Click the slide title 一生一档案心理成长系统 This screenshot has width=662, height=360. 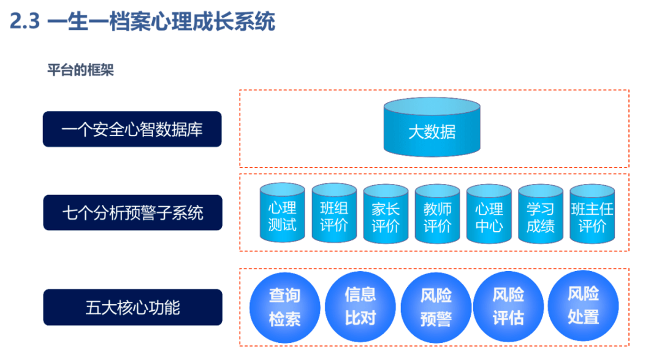(161, 21)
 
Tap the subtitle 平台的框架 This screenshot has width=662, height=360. (81, 70)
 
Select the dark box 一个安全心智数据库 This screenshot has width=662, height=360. (132, 129)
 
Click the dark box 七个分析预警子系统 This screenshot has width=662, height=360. (132, 213)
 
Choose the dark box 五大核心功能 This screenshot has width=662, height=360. (132, 307)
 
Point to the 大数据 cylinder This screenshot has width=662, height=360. (432, 127)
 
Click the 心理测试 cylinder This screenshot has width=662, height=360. (283, 213)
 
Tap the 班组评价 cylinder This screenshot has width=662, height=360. (334, 213)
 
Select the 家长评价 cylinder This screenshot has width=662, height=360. (386, 213)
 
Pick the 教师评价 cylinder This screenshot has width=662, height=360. (438, 213)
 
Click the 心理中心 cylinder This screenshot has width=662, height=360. (489, 213)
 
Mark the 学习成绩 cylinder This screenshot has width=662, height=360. (541, 213)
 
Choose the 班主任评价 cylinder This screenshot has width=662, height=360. (592, 213)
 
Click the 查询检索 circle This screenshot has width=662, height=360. (285, 308)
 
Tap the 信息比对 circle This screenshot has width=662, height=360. (360, 307)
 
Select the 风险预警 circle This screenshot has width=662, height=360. (436, 308)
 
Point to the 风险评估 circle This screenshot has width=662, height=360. (508, 307)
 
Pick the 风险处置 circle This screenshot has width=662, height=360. (583, 305)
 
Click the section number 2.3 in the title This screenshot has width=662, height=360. (25, 21)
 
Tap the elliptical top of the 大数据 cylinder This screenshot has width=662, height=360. (432, 107)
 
